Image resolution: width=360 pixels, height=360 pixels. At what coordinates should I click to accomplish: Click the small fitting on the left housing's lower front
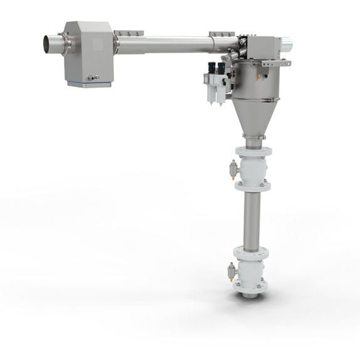93,78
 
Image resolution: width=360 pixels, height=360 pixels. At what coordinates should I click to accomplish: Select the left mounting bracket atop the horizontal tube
128,33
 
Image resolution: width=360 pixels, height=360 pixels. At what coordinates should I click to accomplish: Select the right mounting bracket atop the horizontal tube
221,33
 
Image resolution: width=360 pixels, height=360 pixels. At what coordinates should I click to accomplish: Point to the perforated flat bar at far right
277,63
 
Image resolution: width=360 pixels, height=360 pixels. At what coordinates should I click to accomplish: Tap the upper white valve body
252,168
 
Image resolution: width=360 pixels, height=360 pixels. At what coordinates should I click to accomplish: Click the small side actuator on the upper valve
234,169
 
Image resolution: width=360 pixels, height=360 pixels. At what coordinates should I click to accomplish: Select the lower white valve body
251,268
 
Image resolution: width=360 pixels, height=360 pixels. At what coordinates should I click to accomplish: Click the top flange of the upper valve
252,151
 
